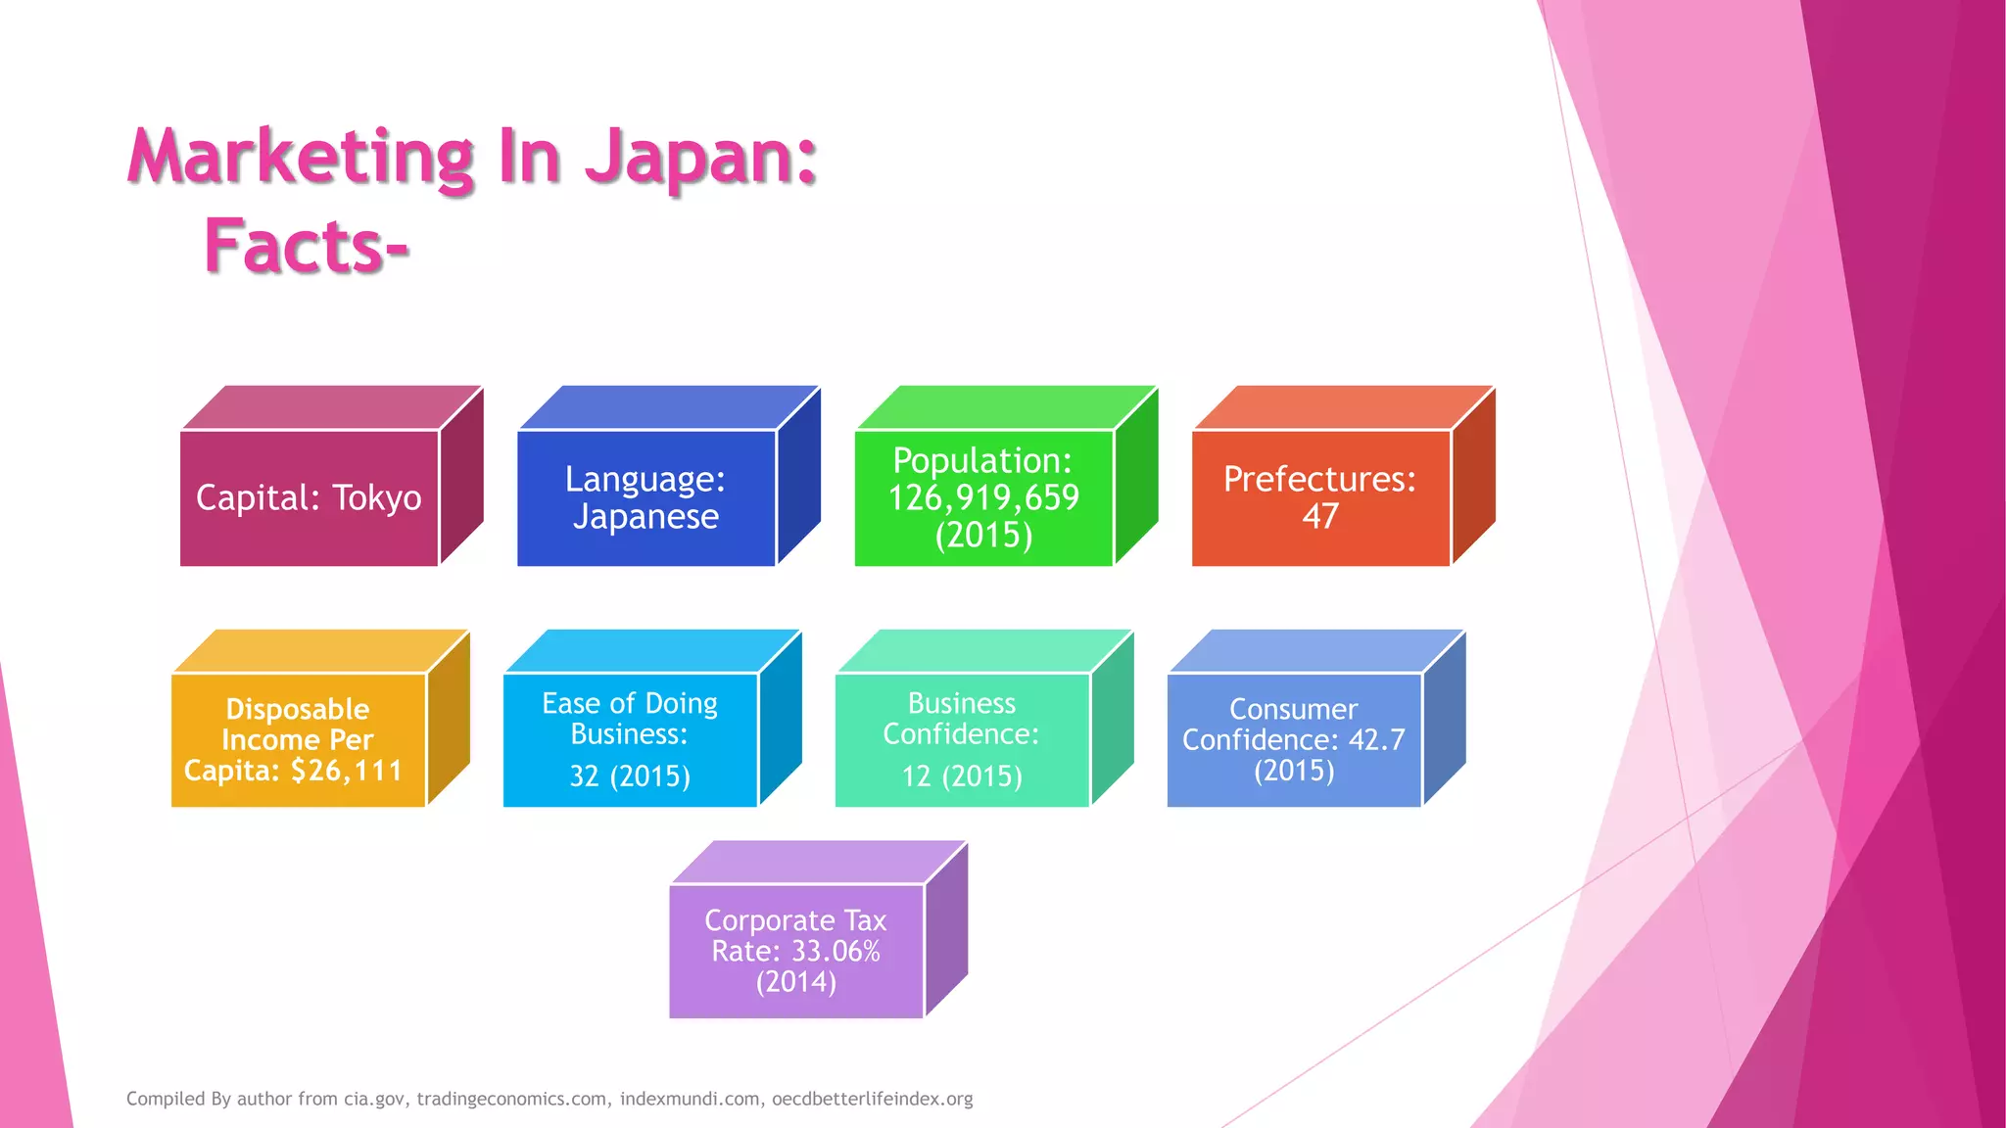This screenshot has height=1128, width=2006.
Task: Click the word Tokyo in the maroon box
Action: coord(377,498)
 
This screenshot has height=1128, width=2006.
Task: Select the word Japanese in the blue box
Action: coord(645,516)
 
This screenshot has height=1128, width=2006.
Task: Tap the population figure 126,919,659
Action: coord(983,497)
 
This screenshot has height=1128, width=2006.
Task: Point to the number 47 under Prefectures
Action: coord(1319,516)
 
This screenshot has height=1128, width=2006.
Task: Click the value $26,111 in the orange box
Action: coord(347,771)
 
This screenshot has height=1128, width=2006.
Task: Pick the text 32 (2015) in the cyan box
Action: coord(630,776)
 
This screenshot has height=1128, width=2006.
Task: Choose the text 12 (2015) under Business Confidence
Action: coord(962,776)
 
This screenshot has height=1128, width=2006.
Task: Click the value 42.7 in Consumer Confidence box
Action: coord(1376,739)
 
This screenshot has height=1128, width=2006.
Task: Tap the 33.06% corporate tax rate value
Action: coord(836,951)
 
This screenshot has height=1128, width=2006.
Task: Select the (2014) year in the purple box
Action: coord(795,981)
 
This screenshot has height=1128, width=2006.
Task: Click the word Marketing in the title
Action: coord(302,157)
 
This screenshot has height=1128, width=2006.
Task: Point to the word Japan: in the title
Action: coord(701,157)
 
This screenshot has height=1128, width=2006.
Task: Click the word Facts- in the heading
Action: coord(306,246)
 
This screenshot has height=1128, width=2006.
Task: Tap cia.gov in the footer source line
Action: coord(373,1099)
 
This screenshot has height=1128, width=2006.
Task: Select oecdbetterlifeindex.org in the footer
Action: coord(872,1099)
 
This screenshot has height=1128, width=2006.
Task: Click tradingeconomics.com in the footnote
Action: coord(511,1099)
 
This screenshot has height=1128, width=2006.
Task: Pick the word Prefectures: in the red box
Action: coord(1319,479)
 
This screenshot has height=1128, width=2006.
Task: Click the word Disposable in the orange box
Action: coord(298,709)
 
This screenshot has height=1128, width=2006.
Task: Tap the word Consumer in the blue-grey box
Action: coord(1293,709)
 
